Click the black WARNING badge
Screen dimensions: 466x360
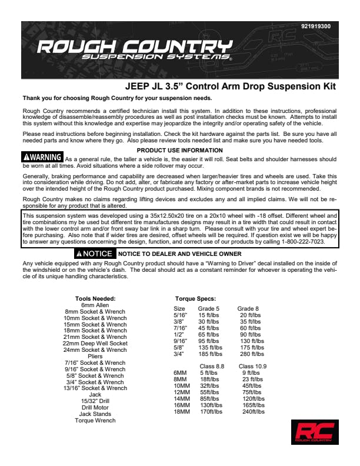tap(42, 158)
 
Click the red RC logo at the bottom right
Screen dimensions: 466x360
tap(314, 432)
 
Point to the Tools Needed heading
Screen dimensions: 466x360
tap(99, 299)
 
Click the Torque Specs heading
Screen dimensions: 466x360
tap(195, 299)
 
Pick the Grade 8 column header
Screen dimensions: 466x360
tap(248, 309)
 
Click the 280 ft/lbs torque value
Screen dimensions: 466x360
tap(251, 354)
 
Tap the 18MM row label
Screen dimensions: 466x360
tap(181, 412)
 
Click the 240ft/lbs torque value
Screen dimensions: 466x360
tap(254, 412)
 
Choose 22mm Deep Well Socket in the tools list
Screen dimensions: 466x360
tap(95, 343)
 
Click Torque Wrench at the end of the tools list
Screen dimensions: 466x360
tap(95, 420)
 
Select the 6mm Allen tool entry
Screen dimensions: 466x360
tap(95, 305)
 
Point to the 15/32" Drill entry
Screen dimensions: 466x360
tap(95, 401)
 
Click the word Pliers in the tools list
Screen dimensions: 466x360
tap(95, 356)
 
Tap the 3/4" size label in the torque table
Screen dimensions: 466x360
tap(179, 354)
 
